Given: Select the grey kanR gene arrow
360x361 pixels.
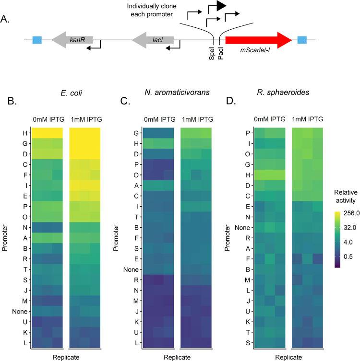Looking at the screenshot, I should click(72, 40).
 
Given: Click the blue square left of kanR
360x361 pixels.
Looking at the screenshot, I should click(37, 40).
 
